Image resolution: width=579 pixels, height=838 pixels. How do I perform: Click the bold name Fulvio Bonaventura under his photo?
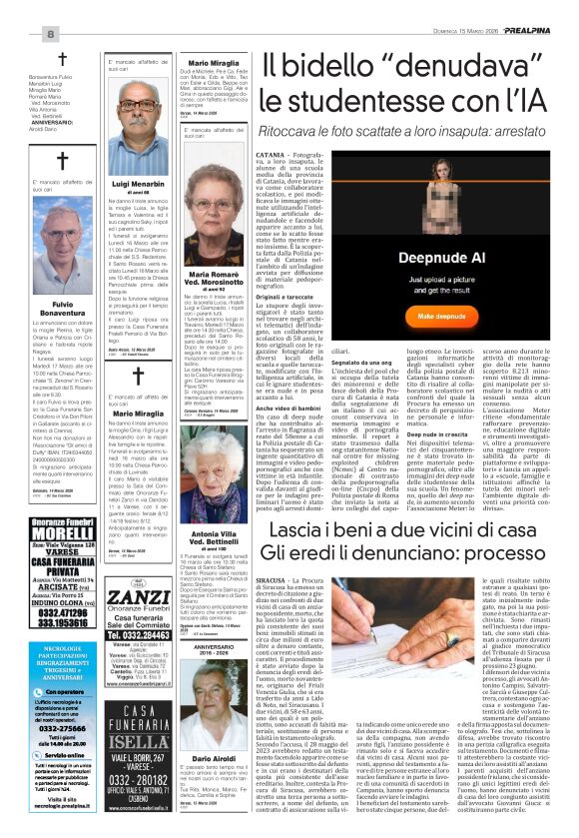49,309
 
